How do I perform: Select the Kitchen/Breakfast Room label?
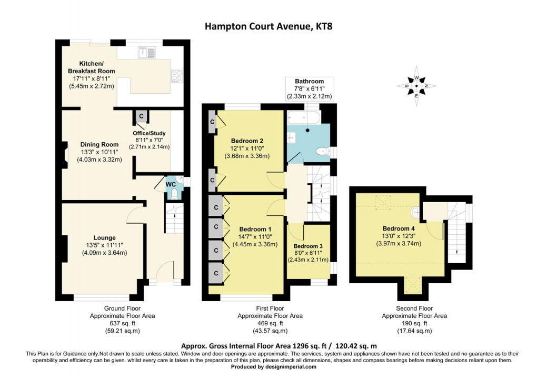point(91,67)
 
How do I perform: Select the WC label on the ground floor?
point(171,184)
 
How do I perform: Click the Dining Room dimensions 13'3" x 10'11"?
point(99,152)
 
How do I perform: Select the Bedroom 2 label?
point(246,141)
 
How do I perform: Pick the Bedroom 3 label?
point(308,246)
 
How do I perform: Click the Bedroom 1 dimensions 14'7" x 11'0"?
point(255,237)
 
